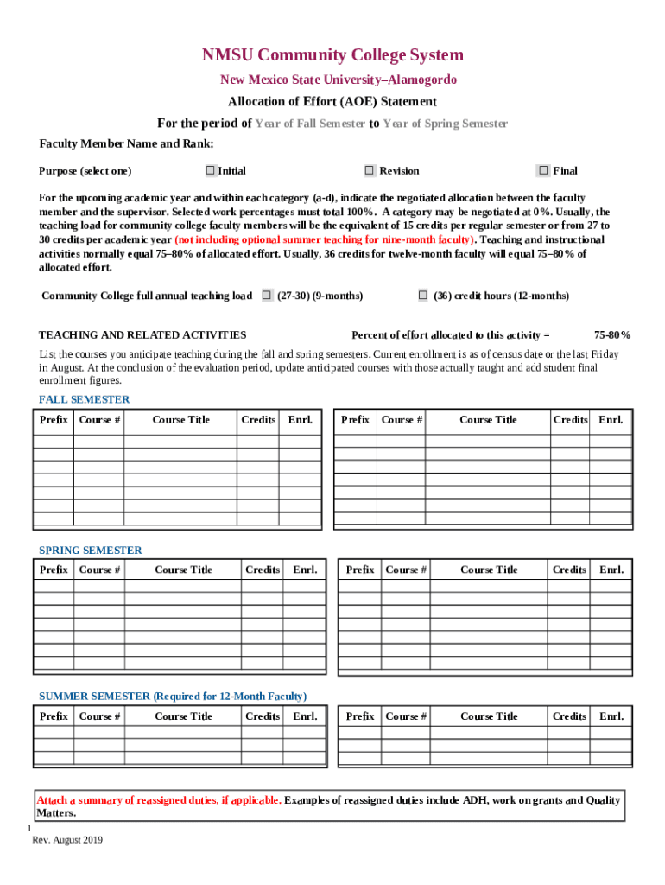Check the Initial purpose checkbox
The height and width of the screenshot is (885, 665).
click(211, 170)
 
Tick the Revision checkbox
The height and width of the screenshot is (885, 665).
click(370, 170)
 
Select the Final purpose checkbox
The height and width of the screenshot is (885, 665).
click(543, 170)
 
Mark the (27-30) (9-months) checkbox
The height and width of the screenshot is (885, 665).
click(267, 296)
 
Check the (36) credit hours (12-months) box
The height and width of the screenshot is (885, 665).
click(423, 296)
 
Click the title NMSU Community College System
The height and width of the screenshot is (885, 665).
click(332, 55)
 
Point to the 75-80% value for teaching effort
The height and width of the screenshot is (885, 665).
click(611, 334)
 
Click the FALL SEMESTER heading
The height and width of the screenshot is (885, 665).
click(85, 399)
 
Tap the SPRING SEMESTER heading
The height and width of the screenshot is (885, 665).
click(91, 550)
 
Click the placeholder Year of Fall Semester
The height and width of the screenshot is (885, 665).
click(310, 124)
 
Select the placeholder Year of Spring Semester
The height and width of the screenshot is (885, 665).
click(445, 124)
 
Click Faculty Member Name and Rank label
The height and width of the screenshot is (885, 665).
click(126, 143)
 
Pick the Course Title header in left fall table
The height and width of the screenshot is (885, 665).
click(180, 420)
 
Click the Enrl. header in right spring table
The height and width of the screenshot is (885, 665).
click(611, 570)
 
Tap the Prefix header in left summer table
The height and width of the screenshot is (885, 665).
click(54, 716)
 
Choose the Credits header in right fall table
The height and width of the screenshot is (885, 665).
click(570, 420)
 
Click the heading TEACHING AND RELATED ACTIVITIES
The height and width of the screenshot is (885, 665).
click(142, 334)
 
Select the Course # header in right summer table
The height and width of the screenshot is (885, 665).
click(406, 716)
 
